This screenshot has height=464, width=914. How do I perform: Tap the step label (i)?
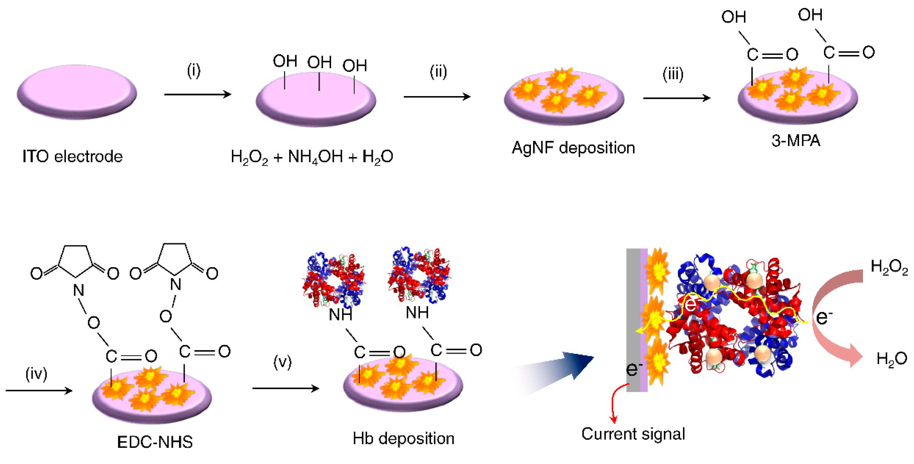pyautogui.click(x=194, y=71)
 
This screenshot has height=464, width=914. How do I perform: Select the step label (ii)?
pyautogui.click(x=438, y=72)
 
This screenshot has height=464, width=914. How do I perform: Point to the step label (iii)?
pyautogui.click(x=673, y=74)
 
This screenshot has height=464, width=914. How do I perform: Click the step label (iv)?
pyautogui.click(x=36, y=374)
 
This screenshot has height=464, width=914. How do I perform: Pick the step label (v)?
pyautogui.click(x=282, y=362)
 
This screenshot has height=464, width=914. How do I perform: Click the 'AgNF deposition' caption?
pyautogui.click(x=573, y=148)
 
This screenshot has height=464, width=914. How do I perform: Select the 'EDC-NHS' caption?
pyautogui.click(x=155, y=442)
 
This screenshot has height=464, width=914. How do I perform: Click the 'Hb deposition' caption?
pyautogui.click(x=403, y=438)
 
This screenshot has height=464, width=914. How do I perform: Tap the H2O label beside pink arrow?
pyautogui.click(x=891, y=359)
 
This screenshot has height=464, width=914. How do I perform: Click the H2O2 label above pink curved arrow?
pyautogui.click(x=889, y=267)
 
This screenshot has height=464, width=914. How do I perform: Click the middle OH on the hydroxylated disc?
pyautogui.click(x=319, y=62)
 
